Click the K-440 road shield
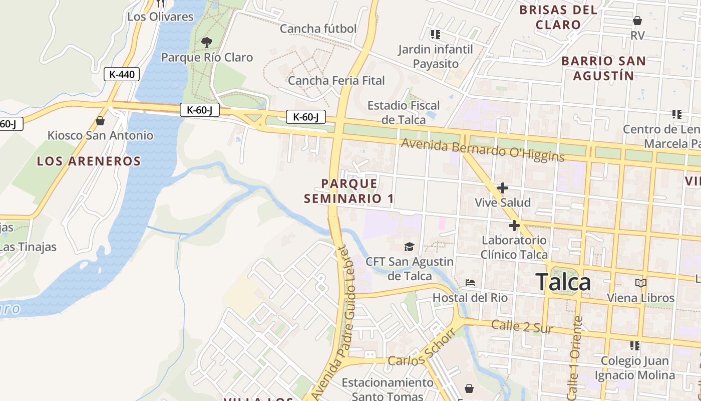coord(122,75)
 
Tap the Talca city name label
coord(563,282)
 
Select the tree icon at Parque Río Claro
coord(206,43)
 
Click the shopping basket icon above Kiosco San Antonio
coord(100,121)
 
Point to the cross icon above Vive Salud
coord(502,188)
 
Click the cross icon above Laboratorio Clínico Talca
coord(514,226)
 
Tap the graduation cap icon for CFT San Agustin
coord(410,247)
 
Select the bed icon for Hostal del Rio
coord(470,283)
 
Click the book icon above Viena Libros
coord(641,283)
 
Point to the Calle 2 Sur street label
coord(522,327)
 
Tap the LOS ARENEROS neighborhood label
coord(89,161)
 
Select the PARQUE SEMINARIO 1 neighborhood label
coord(349,191)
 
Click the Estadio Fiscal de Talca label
coord(404,112)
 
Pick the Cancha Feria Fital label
coord(336,80)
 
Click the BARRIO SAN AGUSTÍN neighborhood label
coord(603,68)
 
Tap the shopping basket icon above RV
coord(637,21)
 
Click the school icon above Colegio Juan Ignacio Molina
coord(635,345)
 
